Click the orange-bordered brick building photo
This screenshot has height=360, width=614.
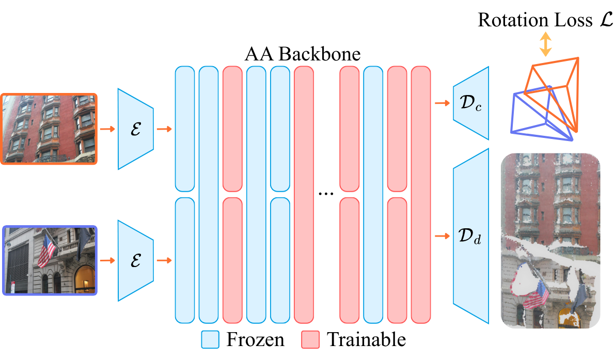pos(49,128)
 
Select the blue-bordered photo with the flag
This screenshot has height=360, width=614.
pos(49,260)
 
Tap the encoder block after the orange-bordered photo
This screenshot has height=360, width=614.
pos(136,129)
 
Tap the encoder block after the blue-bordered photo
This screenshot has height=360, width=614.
pos(136,260)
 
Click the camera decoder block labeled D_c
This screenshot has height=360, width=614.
pos(471,103)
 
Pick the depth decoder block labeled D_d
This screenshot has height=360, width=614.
pos(471,236)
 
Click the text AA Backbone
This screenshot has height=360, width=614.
pos(303,54)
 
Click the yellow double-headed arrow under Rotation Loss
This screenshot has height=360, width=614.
pos(545,44)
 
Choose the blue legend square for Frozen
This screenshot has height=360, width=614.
pos(210,340)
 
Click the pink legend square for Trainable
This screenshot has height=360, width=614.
pos(311,340)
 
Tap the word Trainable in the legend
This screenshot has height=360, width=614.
pos(367,339)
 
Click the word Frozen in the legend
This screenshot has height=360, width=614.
pos(255,339)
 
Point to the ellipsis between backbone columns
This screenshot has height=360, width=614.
pos(326,194)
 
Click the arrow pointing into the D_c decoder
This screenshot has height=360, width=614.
pos(442,103)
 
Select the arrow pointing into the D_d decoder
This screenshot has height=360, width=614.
pos(442,236)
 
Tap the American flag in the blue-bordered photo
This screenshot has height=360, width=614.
pos(46,250)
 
